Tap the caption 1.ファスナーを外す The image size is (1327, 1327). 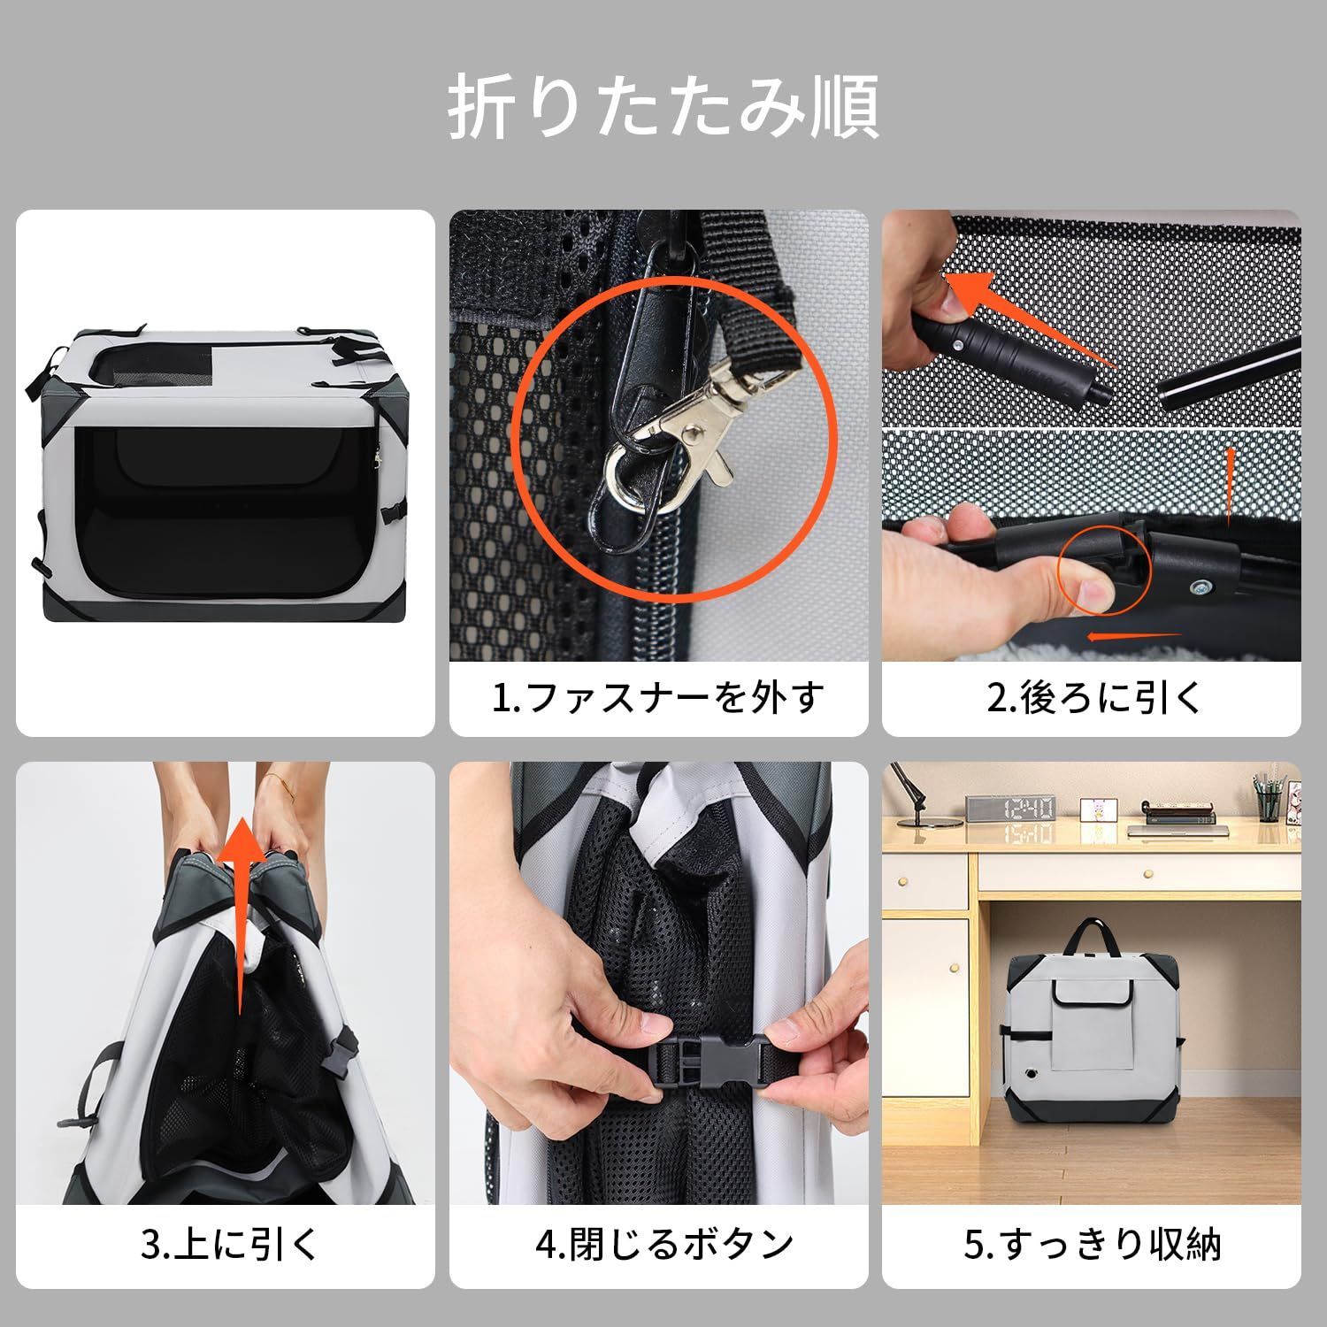coord(657,697)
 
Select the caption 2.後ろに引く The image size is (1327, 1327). coord(1093,697)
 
